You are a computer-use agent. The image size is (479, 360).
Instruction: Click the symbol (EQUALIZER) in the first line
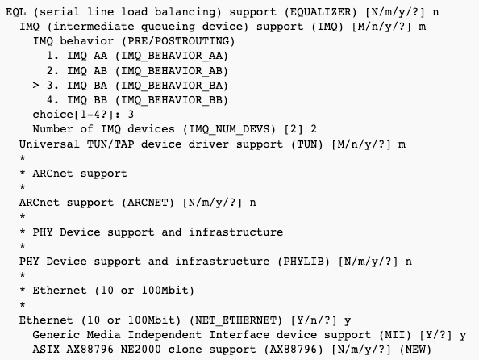tap(320, 12)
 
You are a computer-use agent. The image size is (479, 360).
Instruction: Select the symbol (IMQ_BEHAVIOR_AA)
tap(172, 56)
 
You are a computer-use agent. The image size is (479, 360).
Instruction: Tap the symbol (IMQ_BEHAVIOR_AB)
tap(172, 71)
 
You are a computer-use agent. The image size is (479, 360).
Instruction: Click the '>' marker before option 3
tap(35, 86)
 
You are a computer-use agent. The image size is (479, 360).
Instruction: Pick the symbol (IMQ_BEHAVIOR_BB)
tap(172, 100)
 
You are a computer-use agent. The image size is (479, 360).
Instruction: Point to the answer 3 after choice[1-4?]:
tap(131, 115)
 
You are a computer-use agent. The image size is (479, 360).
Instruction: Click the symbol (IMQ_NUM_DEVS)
tap(229, 129)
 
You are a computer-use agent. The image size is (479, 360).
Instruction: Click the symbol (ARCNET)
tap(148, 203)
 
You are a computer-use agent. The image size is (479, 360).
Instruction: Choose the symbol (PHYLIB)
tap(304, 262)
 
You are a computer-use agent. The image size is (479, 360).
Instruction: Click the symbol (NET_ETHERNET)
tap(235, 320)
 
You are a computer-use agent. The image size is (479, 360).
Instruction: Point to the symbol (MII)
tap(395, 335)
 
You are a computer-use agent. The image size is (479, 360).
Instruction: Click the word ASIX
tap(46, 350)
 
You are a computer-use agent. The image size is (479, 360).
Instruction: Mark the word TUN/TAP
tap(110, 144)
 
